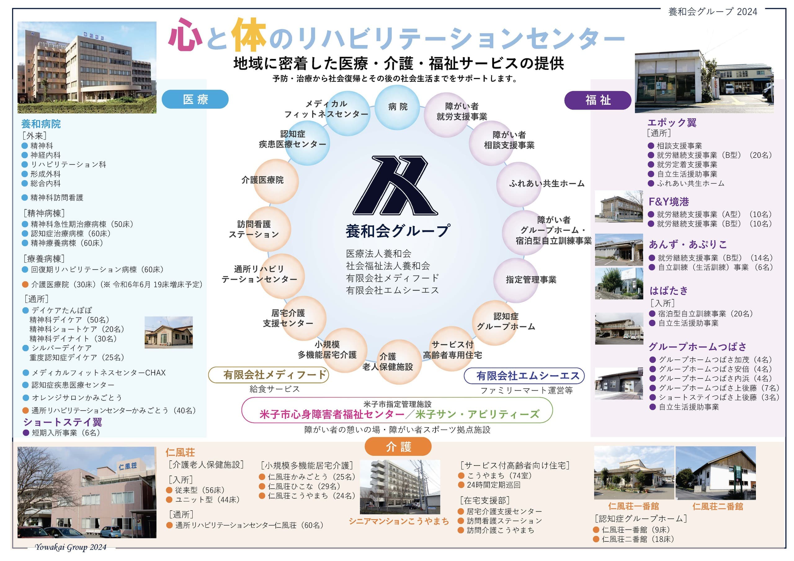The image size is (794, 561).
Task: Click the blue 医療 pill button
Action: pos(195,99)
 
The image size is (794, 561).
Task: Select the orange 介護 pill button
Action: pos(398,447)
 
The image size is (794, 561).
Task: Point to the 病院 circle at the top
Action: pos(397,107)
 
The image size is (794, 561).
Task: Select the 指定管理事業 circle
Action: pos(516,280)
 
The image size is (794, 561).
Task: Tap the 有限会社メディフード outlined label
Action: pos(268,375)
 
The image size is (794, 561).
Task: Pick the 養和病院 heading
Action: pos(41,123)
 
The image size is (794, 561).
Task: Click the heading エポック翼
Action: pos(671,122)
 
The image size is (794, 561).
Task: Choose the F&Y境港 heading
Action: pos(668,202)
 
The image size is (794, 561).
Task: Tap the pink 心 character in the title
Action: pos(185,35)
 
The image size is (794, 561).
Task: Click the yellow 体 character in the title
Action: pos(249,35)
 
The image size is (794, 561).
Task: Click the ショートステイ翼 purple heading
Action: pos(63,422)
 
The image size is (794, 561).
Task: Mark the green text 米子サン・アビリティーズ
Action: pos(477,414)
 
